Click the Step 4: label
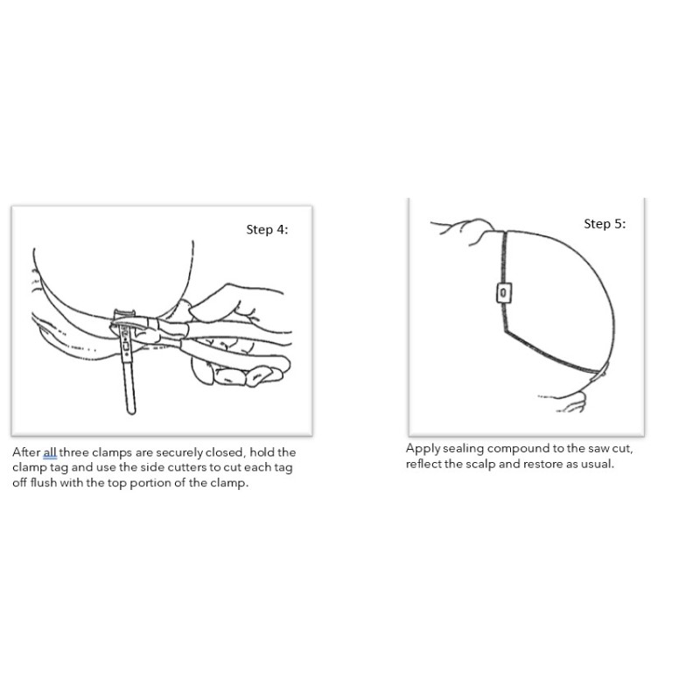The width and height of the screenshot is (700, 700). point(267,229)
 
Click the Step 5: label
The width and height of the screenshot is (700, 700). point(605,224)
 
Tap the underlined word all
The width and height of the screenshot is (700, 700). point(50,452)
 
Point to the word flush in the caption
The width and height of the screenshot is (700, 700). point(43,483)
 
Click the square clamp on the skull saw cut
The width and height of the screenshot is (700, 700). point(504,293)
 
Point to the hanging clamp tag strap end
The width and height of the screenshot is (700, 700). point(130,409)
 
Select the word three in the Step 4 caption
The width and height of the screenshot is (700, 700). point(73,452)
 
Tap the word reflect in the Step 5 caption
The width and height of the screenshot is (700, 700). point(423,464)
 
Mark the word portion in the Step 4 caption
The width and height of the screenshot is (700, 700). point(150,483)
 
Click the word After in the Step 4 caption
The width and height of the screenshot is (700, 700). point(26,452)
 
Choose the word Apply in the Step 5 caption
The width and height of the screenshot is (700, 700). point(423,449)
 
